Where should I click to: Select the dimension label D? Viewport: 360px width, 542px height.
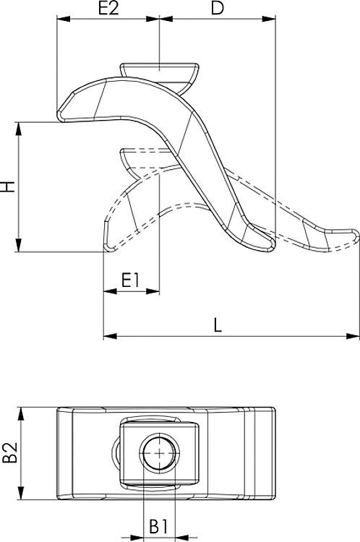pos(216,9)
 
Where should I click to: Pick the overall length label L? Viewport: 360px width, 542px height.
pos(218,325)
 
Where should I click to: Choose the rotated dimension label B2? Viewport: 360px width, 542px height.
pos(9,455)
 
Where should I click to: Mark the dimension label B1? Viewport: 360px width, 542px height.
pos(159,526)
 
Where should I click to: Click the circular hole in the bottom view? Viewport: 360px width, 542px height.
pos(158,455)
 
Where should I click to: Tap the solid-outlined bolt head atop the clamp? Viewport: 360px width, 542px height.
pos(158,70)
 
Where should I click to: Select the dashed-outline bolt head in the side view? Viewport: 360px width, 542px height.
pos(145,157)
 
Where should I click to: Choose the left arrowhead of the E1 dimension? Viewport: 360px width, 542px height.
pos(109,292)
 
